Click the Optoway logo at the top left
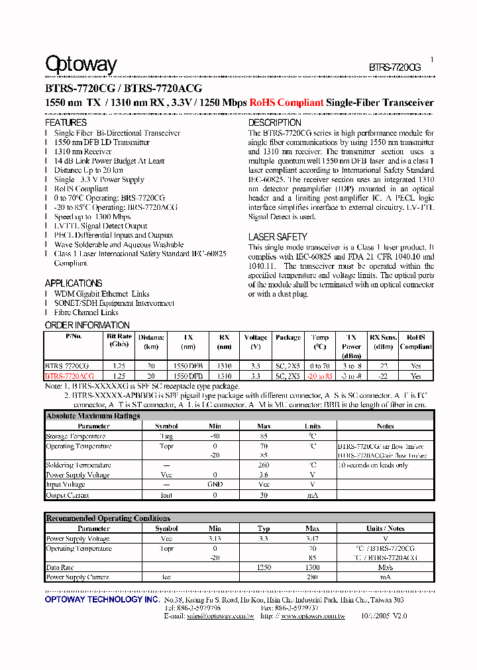click(80, 64)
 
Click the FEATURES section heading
click(66, 122)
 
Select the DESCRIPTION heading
click(274, 122)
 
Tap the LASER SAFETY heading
click(278, 236)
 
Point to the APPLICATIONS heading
click(74, 283)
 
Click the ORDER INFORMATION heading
click(87, 325)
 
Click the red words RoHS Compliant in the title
click(286, 103)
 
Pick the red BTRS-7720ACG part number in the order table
click(67, 376)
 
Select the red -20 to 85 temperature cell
click(319, 376)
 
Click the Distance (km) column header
click(152, 342)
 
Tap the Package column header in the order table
click(288, 338)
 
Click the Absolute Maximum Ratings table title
click(93, 416)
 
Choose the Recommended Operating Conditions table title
click(108, 518)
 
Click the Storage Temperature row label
click(76, 436)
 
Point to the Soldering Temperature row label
click(78, 465)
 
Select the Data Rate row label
click(60, 567)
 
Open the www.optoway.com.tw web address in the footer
click(313, 616)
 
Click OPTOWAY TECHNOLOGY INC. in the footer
click(102, 599)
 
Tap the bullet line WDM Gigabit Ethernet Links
click(102, 294)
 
